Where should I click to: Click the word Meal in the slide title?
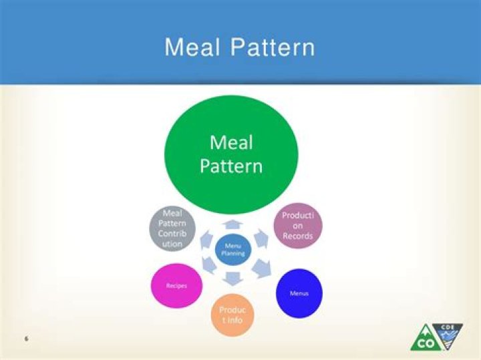tap(192, 47)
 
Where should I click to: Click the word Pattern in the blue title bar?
tap(273, 47)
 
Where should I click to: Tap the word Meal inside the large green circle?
tap(231, 142)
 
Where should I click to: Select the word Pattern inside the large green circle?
tap(231, 166)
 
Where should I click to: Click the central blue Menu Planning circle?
tap(233, 249)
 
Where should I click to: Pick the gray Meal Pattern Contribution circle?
tap(172, 228)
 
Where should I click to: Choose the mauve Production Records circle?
tap(298, 226)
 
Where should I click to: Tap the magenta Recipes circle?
tap(176, 286)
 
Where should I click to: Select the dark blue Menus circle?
tap(299, 293)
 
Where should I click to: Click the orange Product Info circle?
tap(232, 315)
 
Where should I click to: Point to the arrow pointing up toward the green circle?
tap(232, 224)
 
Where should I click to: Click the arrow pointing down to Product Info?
tap(232, 278)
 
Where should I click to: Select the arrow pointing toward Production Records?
tap(261, 238)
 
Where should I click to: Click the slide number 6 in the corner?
tap(26, 339)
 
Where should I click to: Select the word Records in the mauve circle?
tap(297, 236)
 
